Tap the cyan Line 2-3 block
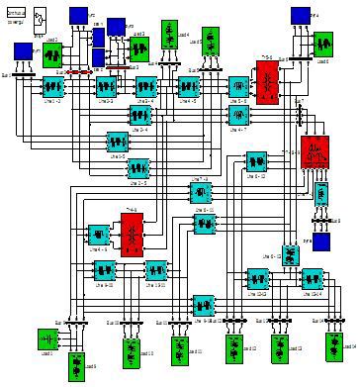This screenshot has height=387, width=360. coord(106,88)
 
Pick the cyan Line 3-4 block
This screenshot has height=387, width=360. coord(145,88)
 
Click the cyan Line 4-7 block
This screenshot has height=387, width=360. coord(237,116)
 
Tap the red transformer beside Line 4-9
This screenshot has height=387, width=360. coord(132,234)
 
